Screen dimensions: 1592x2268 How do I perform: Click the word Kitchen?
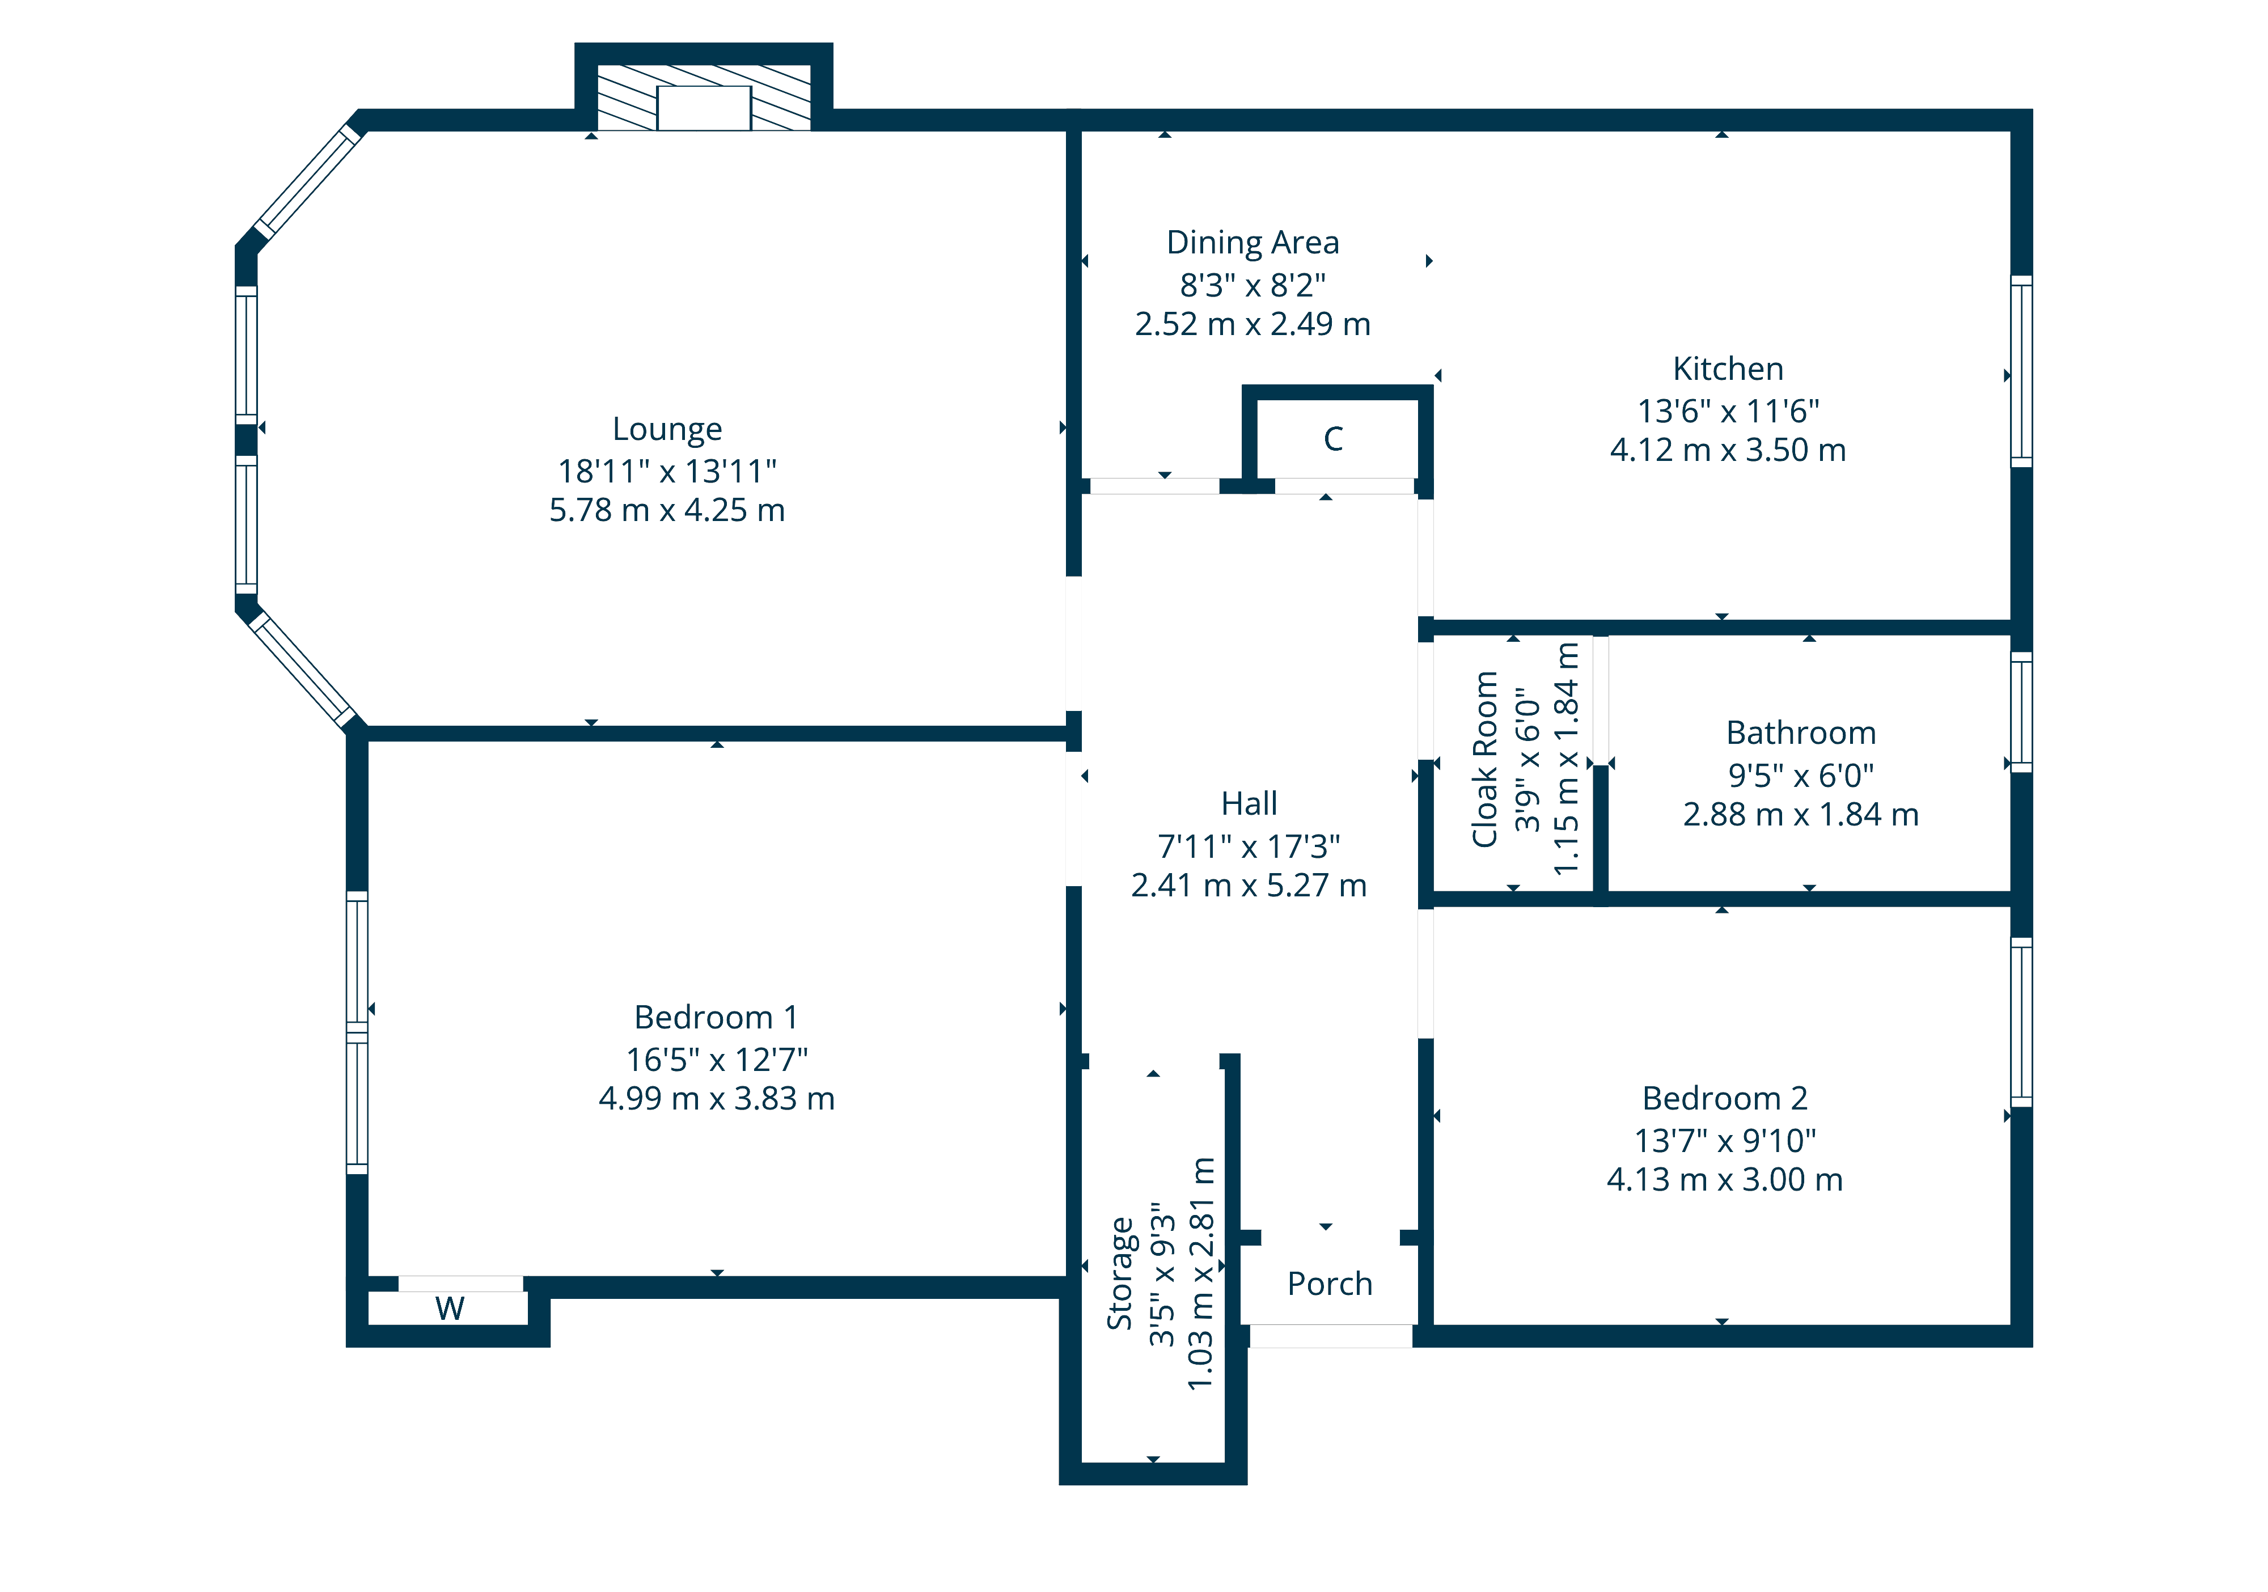click(1728, 369)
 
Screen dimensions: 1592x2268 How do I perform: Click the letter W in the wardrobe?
click(450, 1309)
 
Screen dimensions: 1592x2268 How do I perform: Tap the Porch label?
click(1330, 1284)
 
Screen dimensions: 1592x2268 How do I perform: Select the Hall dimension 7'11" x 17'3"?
click(1249, 846)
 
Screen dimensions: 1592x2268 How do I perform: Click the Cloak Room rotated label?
click(1484, 760)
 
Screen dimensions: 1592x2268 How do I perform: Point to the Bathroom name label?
click(1801, 734)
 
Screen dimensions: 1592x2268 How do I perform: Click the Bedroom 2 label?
click(1725, 1098)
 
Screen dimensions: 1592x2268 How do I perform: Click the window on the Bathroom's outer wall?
click(2021, 711)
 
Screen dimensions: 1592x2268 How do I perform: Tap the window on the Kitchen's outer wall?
click(2021, 371)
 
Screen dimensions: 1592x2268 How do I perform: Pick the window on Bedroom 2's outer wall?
click(2021, 1022)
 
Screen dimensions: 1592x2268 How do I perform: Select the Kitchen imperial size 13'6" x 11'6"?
click(1728, 411)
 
